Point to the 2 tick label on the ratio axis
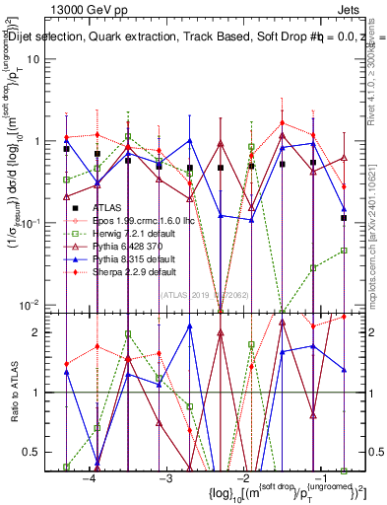[47, 332]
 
